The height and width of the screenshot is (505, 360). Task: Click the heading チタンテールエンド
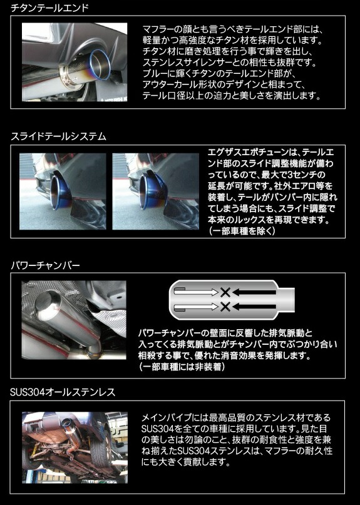tap(49, 7)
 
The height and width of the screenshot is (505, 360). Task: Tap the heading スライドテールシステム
tap(58, 136)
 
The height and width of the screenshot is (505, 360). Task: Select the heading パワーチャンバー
tap(45, 265)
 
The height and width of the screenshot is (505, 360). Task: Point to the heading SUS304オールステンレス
tap(63, 392)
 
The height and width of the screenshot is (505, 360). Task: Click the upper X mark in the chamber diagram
tap(225, 292)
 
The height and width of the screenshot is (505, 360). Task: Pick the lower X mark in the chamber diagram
tap(225, 306)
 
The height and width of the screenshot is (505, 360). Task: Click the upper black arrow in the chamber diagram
tap(254, 292)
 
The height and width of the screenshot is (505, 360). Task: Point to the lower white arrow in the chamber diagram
tap(196, 307)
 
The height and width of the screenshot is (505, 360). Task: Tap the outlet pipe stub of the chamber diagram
tap(286, 300)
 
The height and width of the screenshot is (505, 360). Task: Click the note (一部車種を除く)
tap(242, 231)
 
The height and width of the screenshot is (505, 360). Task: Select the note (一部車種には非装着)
tap(182, 367)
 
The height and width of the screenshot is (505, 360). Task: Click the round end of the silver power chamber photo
tap(48, 305)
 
